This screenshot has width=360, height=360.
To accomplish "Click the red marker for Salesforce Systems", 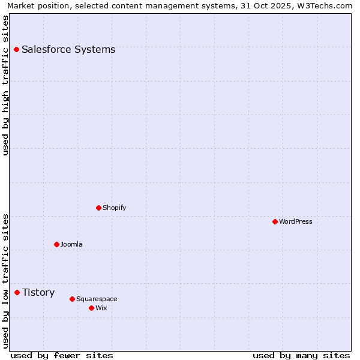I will pyautogui.click(x=16, y=49).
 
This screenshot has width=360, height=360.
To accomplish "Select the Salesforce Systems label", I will pyautogui.click(x=68, y=49).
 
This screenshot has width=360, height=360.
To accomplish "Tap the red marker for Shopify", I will pyautogui.click(x=98, y=208).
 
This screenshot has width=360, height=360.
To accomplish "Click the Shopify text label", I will pyautogui.click(x=114, y=208).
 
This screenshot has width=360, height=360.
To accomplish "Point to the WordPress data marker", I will pyautogui.click(x=275, y=221).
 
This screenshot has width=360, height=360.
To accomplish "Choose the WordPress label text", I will pyautogui.click(x=295, y=221).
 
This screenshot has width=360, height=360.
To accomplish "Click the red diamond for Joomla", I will pyautogui.click(x=56, y=244).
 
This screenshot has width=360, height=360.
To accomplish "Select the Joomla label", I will pyautogui.click(x=71, y=244).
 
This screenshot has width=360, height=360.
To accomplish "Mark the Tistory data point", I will pyautogui.click(x=17, y=292).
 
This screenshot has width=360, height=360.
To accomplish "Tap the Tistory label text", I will pyautogui.click(x=38, y=292).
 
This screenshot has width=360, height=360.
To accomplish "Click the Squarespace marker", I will pyautogui.click(x=72, y=299).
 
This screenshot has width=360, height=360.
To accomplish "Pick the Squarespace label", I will pyautogui.click(x=97, y=299).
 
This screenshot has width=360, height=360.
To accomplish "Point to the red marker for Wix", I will pyautogui.click(x=91, y=308).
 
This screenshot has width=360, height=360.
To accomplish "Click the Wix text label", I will pyautogui.click(x=101, y=308).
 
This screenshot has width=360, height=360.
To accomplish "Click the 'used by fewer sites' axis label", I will pyautogui.click(x=62, y=355).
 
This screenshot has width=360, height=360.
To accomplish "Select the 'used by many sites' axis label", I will pyautogui.click(x=301, y=355).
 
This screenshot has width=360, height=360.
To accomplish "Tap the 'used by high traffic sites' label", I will pyautogui.click(x=6, y=85).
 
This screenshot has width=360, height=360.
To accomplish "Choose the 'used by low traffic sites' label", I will pyautogui.click(x=6, y=281).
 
